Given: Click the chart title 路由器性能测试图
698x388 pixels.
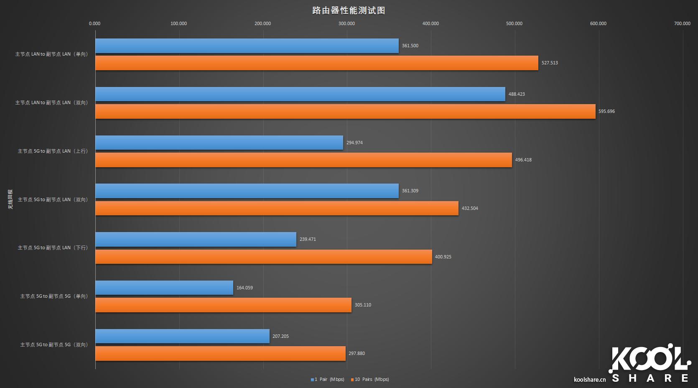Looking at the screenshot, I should click(349, 10).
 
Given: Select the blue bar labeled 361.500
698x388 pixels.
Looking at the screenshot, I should click(247, 46).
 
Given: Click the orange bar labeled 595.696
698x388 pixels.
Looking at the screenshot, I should click(345, 112).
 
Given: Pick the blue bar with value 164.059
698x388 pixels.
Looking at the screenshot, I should click(164, 288).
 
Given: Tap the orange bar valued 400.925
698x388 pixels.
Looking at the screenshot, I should click(263, 257).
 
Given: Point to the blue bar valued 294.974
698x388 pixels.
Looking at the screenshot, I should click(219, 143).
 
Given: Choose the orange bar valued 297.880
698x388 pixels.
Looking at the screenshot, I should click(220, 353).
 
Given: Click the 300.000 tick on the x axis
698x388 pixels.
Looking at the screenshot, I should click(346, 23).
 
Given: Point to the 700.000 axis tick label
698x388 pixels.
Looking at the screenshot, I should click(682, 23).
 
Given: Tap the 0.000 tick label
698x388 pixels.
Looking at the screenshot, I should click(94, 23).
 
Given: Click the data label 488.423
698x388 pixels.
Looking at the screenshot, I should click(517, 94).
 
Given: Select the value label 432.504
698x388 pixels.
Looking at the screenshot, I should click(470, 208).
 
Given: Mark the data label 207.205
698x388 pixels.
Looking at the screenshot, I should click(280, 336).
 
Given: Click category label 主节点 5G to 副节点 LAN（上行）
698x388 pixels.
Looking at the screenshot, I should click(53, 151).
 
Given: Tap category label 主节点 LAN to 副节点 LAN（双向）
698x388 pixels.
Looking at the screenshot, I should click(51, 102).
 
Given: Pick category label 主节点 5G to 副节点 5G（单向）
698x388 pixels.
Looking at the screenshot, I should click(54, 296).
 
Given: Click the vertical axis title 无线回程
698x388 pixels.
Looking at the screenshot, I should click(10, 199).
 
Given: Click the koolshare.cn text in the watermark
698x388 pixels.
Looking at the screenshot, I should click(590, 380).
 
